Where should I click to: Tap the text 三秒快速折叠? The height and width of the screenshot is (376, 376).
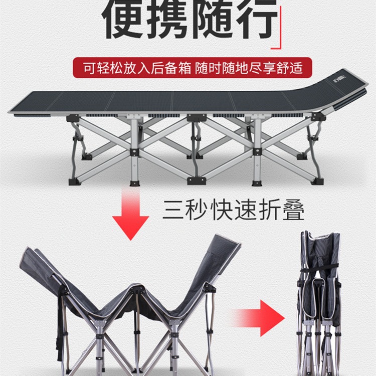click(x=233, y=211)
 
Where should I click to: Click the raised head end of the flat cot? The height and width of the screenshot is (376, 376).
click(x=346, y=83)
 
